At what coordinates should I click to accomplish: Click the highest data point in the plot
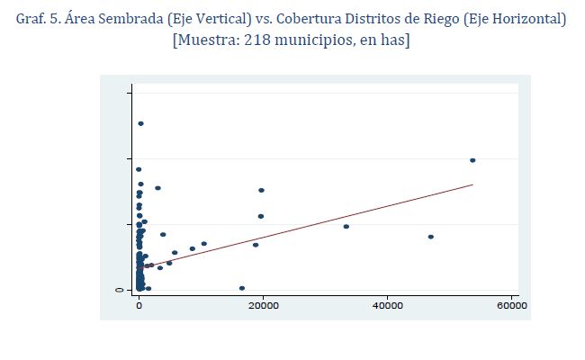[140, 123]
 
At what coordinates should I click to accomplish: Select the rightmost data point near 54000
[472, 160]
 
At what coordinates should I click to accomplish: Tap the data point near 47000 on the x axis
[431, 237]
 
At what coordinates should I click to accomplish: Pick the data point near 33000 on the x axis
[346, 226]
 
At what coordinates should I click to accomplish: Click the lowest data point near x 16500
[242, 288]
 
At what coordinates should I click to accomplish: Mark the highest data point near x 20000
[261, 190]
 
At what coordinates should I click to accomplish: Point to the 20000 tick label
[263, 306]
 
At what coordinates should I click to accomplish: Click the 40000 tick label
[387, 306]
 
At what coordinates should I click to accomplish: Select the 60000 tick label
[511, 306]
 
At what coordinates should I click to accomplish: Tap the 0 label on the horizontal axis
[139, 306]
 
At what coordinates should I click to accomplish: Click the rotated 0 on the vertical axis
[119, 290]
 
